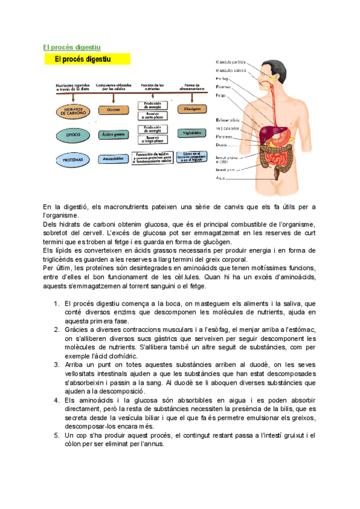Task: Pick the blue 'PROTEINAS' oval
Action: pyautogui.click(x=73, y=160)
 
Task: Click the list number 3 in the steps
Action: pyautogui.click(x=56, y=364)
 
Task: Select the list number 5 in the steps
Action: pyautogui.click(x=56, y=433)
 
